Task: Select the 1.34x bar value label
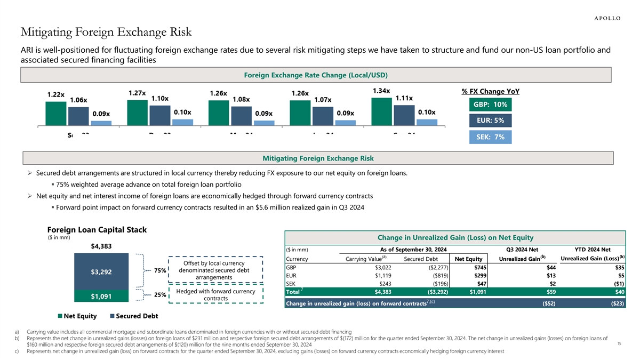coord(380,91)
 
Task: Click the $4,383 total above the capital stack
coord(101,246)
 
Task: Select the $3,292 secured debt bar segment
coord(101,272)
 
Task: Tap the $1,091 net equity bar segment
coord(101,297)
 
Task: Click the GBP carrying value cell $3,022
coord(383,268)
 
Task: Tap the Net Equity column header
coord(468,260)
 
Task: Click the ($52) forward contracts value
coord(548,304)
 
